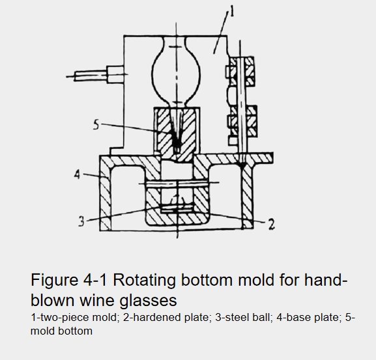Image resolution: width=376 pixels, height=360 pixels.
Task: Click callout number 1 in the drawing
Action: (x=231, y=12)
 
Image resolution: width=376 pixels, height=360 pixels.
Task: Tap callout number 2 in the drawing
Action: (x=271, y=225)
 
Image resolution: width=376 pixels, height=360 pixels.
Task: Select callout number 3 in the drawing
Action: (x=81, y=221)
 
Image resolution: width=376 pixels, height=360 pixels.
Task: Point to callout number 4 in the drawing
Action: (x=77, y=174)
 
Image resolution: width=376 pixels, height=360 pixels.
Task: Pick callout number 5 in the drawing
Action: (x=96, y=125)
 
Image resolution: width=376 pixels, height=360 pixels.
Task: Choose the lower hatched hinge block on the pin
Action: (x=242, y=121)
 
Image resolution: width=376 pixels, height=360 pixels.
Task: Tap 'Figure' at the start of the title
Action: (x=55, y=280)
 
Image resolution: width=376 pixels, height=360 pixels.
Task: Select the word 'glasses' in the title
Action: (x=148, y=300)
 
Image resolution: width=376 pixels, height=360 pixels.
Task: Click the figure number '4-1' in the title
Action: (x=95, y=280)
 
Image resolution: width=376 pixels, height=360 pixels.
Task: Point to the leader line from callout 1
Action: (x=221, y=33)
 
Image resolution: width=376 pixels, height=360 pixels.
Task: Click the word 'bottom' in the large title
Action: (x=207, y=280)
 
